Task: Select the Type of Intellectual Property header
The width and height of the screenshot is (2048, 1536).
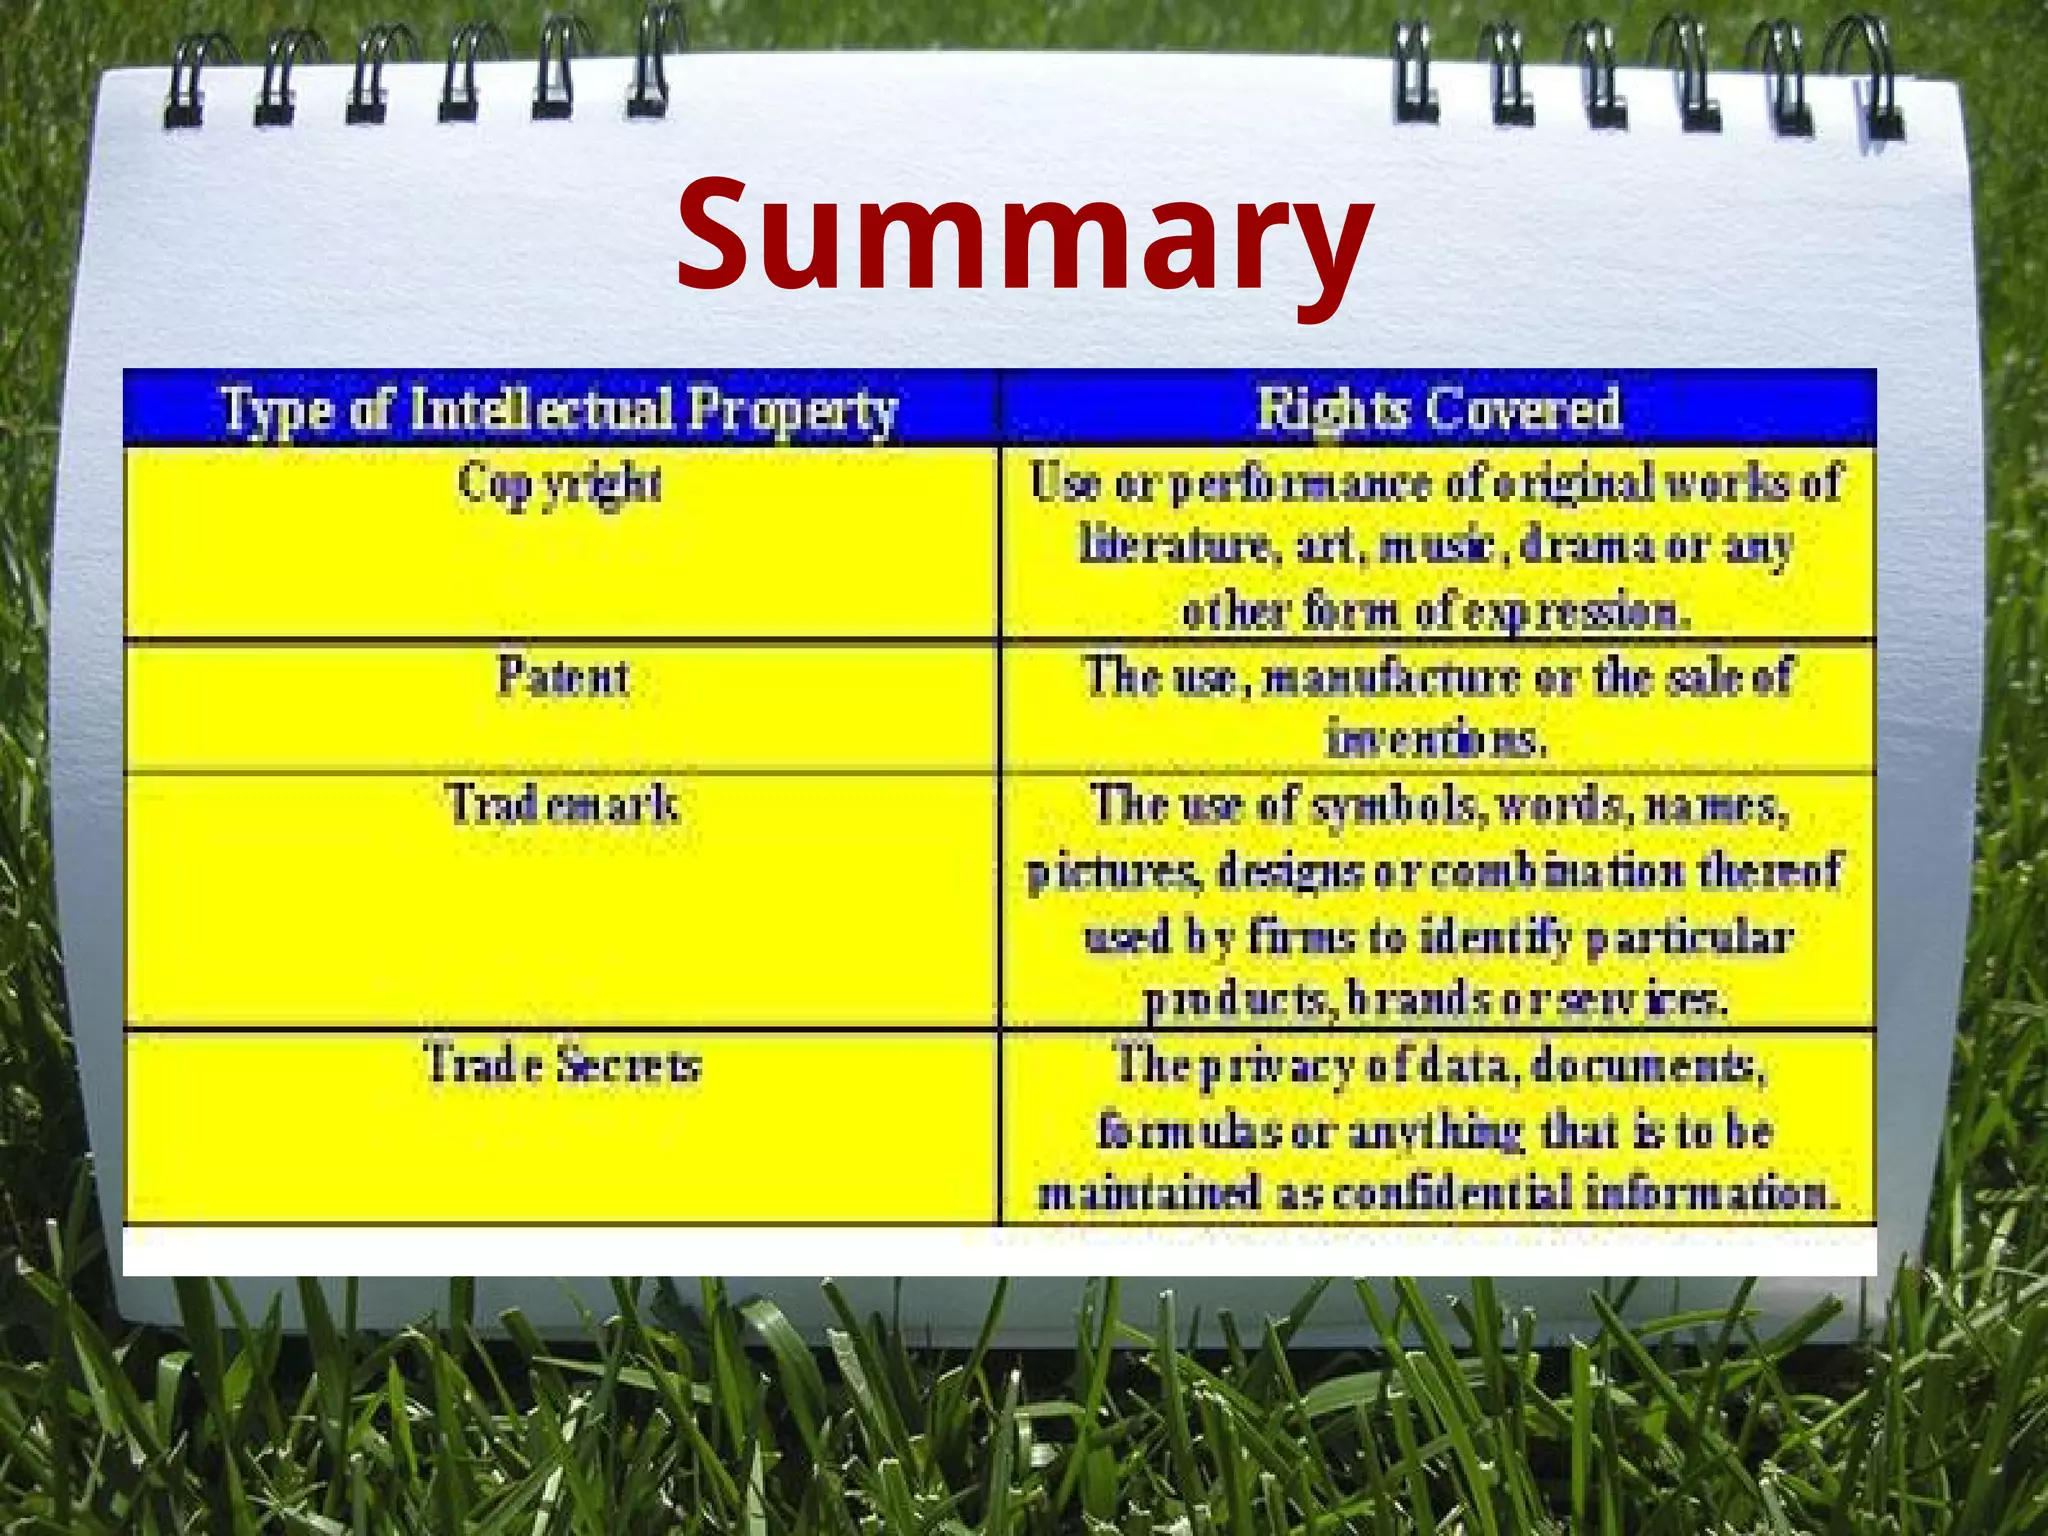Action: pyautogui.click(x=560, y=410)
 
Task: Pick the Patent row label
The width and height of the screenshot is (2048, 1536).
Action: pyautogui.click(x=563, y=677)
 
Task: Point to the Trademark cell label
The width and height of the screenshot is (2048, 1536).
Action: pyautogui.click(x=563, y=805)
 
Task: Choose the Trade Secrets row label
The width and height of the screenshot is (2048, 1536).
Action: pyautogui.click(x=563, y=1064)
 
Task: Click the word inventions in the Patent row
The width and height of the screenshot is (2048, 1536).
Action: pyautogui.click(x=1436, y=740)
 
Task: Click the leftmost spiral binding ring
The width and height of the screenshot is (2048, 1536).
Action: pyautogui.click(x=190, y=85)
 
